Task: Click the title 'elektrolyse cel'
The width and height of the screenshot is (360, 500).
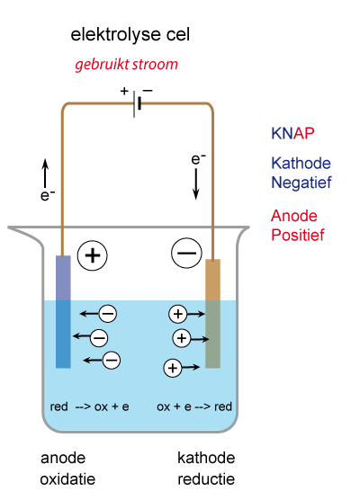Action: (130, 35)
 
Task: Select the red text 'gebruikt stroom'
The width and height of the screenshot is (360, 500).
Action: (126, 65)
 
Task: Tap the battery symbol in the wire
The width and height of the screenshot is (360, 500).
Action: (137, 103)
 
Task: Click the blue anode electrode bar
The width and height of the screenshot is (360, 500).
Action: (63, 311)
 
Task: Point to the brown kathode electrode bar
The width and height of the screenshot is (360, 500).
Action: (212, 314)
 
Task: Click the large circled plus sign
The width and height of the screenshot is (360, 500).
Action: (93, 255)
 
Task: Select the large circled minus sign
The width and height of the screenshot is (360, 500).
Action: (186, 253)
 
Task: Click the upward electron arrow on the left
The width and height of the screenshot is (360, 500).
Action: (45, 173)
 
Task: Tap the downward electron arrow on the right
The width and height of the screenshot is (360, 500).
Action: (196, 184)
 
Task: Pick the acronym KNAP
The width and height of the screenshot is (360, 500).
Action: (292, 133)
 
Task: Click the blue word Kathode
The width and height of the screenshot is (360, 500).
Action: (301, 164)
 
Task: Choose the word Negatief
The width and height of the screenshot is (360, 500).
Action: (301, 183)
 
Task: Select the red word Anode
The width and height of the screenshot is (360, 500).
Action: (294, 216)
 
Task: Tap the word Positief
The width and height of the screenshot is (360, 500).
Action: (297, 235)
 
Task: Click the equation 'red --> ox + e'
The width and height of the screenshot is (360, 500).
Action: (89, 406)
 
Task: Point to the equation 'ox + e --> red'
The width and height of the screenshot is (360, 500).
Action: (194, 406)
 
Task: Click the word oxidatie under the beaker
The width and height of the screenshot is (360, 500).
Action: (67, 479)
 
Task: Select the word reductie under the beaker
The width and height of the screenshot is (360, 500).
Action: (206, 479)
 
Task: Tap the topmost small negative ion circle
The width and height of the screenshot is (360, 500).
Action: (108, 314)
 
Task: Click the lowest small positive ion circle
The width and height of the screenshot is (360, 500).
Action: (173, 368)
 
